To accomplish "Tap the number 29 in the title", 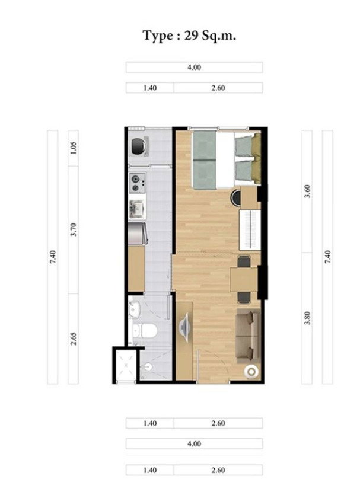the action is [191, 36].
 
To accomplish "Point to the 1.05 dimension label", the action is [73, 148].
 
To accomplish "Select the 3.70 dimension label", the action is [73, 230].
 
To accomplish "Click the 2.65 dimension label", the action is [73, 339].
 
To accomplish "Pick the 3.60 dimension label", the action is [307, 191].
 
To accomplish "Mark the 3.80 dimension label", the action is [307, 318].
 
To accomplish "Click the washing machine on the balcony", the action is [138, 145].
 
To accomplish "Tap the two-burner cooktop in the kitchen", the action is [138, 183].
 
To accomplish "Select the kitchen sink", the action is [136, 209].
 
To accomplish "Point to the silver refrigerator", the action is [138, 234].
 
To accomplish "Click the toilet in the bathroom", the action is [145, 331].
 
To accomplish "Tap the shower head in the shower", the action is [148, 366].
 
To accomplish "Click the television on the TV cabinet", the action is [184, 327].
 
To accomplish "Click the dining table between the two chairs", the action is [244, 279].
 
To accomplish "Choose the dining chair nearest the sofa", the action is [244, 298].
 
